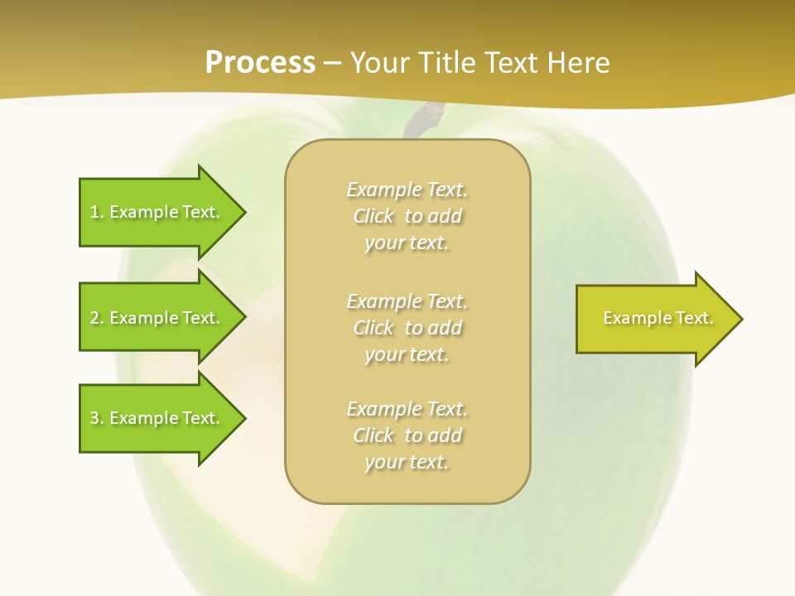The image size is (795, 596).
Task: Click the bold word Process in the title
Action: click(x=260, y=63)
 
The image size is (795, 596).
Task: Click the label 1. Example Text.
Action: click(x=155, y=212)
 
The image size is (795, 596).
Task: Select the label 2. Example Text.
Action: click(x=155, y=318)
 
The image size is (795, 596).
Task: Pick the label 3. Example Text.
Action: click(x=155, y=418)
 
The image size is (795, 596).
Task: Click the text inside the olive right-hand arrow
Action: click(x=658, y=318)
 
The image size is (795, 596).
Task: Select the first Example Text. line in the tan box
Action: click(x=407, y=190)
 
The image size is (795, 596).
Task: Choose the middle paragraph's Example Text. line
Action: click(x=407, y=300)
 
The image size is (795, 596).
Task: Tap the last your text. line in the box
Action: click(x=407, y=462)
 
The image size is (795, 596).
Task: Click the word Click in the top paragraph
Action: click(x=373, y=216)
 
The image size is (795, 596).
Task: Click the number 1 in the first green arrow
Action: click(x=94, y=212)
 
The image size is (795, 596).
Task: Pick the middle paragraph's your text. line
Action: click(x=407, y=354)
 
